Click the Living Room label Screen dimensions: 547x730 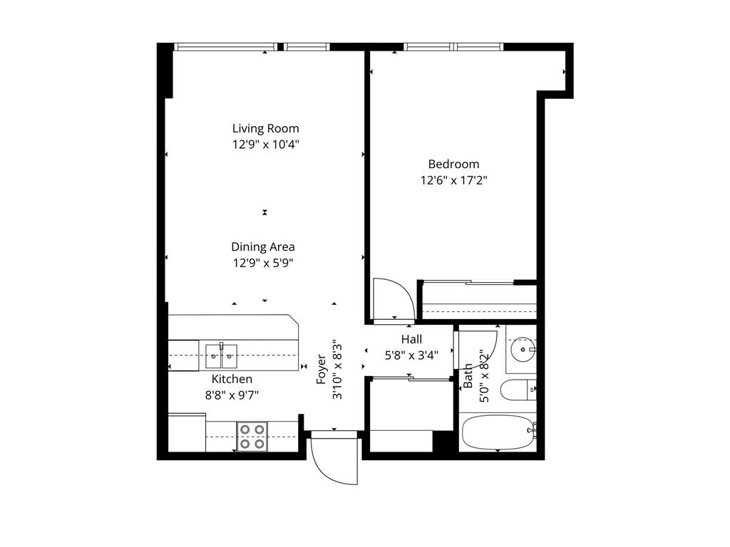tap(265, 129)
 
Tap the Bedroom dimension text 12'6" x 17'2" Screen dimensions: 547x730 tap(453, 180)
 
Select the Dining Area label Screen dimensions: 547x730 tap(262, 247)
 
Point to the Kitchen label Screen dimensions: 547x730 tap(232, 380)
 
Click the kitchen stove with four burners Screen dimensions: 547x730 tap(251, 436)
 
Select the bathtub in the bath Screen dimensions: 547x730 tap(498, 432)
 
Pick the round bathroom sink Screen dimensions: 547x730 tap(525, 349)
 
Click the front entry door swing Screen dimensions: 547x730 tap(334, 459)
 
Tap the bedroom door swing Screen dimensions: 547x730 tap(391, 299)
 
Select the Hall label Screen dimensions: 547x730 tap(411, 340)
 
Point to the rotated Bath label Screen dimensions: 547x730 tap(468, 376)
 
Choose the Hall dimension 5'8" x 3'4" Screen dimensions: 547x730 tap(411, 354)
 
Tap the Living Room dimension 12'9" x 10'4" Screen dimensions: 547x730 tap(265, 145)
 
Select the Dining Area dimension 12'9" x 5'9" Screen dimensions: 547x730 tap(262, 263)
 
